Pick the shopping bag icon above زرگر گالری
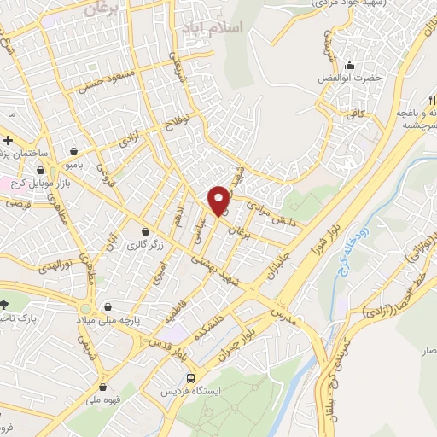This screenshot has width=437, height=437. pyautogui.click(x=146, y=231)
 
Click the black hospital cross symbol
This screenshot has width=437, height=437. pyautogui.click(x=7, y=140)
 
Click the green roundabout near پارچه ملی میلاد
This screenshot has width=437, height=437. pyautogui.click(x=85, y=306)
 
